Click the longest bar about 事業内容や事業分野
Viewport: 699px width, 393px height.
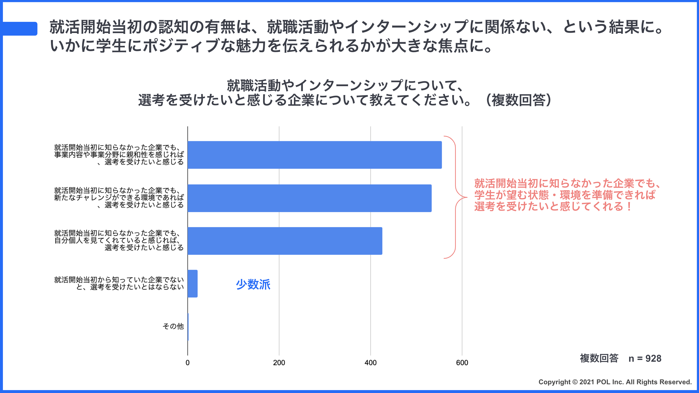click(315, 155)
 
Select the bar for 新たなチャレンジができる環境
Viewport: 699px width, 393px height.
click(309, 198)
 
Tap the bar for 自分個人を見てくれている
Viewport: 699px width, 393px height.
click(285, 241)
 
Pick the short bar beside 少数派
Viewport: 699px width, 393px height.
click(192, 284)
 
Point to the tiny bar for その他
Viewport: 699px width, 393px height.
click(188, 327)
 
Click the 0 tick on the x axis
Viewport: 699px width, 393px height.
click(188, 363)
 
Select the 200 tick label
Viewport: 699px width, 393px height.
click(279, 363)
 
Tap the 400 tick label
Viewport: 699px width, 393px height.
click(370, 363)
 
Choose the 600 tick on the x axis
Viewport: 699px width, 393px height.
click(462, 363)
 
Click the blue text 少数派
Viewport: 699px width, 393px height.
click(253, 285)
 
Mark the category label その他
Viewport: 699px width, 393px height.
click(173, 326)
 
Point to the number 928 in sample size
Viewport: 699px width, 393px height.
click(653, 359)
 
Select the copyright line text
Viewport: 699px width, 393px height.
click(615, 382)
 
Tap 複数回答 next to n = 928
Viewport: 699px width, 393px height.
click(599, 359)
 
